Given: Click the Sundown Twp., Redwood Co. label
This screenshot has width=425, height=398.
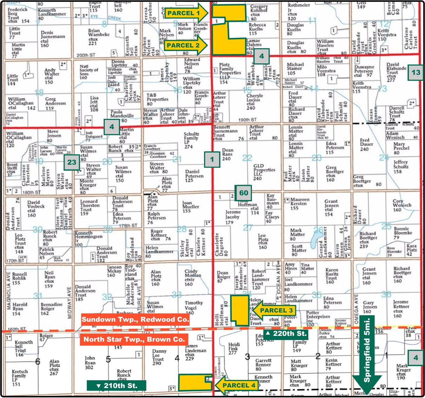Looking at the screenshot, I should pos(135,319).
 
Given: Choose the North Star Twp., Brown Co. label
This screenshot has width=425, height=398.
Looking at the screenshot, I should pos(134,339).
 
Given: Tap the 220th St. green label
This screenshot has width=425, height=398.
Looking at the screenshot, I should pos(286,333).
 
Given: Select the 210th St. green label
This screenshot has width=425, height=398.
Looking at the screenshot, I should pos(117,386).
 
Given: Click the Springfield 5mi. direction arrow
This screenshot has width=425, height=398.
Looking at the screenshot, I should pos(367,354).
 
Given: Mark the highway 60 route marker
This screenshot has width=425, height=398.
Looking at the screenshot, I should pos(243,193).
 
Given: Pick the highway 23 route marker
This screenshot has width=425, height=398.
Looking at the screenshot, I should pos(72,162).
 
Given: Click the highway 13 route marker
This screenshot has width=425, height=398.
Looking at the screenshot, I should pos(416,73).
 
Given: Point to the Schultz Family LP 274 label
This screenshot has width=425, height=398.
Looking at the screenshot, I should pos(191,140).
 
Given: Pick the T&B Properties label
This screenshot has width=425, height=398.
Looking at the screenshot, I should pos(157,99).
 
